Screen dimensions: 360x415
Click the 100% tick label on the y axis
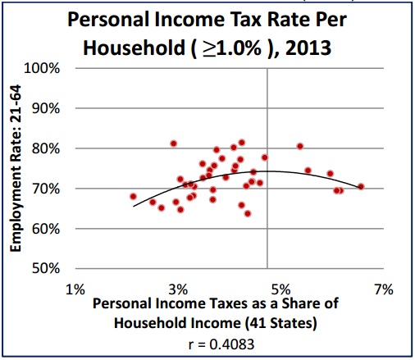45,68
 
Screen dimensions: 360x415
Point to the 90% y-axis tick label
48,108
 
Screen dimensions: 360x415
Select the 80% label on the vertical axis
48,148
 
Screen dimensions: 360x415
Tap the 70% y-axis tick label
48,189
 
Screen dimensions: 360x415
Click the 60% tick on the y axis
48,229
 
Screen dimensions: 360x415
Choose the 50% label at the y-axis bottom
48,269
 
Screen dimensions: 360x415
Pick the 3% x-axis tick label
178,289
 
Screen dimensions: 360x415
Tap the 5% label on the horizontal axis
280,289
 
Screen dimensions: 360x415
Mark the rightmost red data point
361,187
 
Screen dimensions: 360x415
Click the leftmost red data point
133,197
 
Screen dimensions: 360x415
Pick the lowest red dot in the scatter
248,214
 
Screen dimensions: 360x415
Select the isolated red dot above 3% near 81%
174,144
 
